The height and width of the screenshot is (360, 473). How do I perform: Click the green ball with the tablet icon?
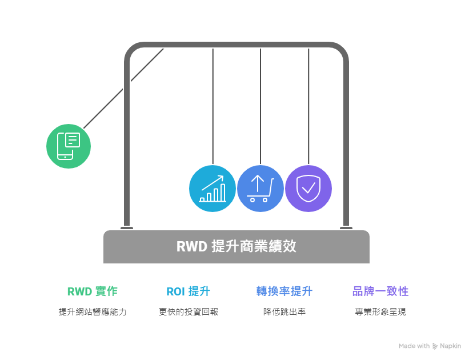(x=69, y=146)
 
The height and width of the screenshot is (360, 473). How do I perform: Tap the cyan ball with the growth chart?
(x=213, y=189)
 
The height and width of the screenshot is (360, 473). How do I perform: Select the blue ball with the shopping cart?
(x=260, y=189)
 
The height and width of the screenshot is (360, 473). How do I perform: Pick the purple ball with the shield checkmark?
(x=308, y=189)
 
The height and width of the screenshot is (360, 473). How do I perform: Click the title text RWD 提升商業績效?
(x=236, y=247)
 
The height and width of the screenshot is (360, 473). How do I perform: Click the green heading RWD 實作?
(x=92, y=291)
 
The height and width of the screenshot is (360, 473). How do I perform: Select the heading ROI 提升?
(x=189, y=291)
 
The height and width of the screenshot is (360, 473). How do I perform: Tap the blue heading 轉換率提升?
(x=284, y=291)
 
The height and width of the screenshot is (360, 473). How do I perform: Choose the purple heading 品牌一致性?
(x=380, y=291)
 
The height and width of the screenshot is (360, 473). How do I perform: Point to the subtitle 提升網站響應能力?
(x=92, y=312)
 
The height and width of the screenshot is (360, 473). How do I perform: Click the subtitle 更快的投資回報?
(x=189, y=312)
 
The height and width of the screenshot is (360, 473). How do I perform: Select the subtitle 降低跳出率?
(x=284, y=312)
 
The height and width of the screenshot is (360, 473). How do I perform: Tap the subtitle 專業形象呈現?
(x=380, y=312)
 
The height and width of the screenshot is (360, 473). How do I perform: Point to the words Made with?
(x=414, y=346)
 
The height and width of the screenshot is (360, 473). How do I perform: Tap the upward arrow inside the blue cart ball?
(x=258, y=183)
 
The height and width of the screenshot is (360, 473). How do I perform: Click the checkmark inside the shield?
(x=308, y=188)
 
